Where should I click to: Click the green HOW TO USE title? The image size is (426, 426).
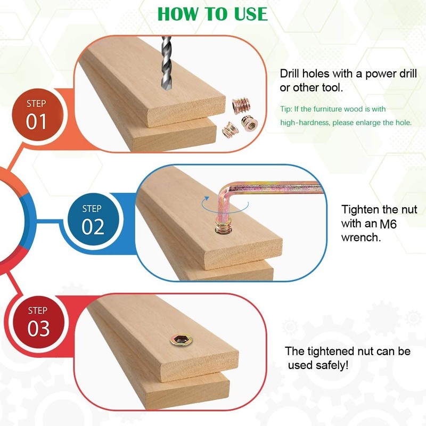point(212,13)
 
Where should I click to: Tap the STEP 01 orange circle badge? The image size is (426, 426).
point(36,113)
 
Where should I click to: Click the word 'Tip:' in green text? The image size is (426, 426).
point(286,109)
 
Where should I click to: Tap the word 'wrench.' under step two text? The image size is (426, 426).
point(361,237)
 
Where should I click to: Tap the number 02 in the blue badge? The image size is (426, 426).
point(93,227)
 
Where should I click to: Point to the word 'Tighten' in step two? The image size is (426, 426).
point(360,209)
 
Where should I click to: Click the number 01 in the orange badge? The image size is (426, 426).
point(36,122)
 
